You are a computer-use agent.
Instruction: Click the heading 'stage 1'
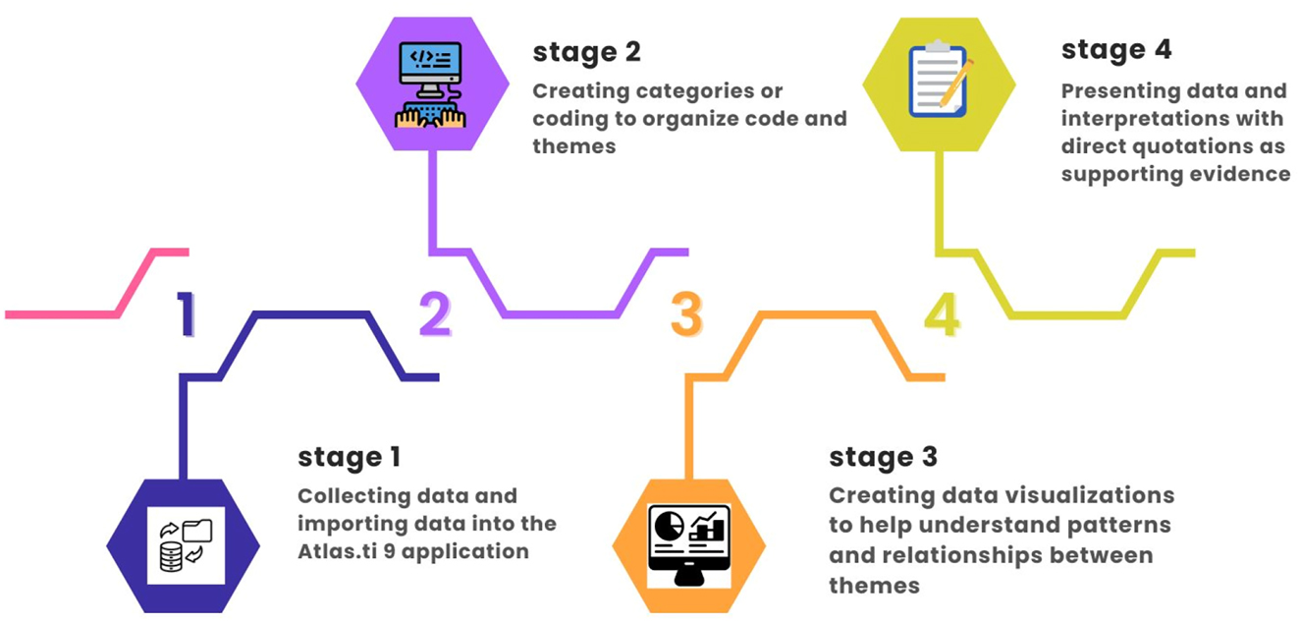(x=349, y=457)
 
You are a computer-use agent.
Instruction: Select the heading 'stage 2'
(x=586, y=52)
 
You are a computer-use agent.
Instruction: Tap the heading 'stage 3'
(x=883, y=457)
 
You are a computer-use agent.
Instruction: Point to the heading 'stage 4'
(x=1116, y=49)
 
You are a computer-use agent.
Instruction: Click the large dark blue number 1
(x=187, y=314)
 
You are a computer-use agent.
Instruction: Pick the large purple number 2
(x=435, y=314)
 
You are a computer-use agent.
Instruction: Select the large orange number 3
(x=686, y=314)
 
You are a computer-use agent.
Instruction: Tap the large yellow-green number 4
(x=941, y=314)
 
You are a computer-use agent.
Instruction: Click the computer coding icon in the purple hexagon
(x=431, y=85)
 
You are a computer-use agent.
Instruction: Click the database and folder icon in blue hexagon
(x=185, y=545)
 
